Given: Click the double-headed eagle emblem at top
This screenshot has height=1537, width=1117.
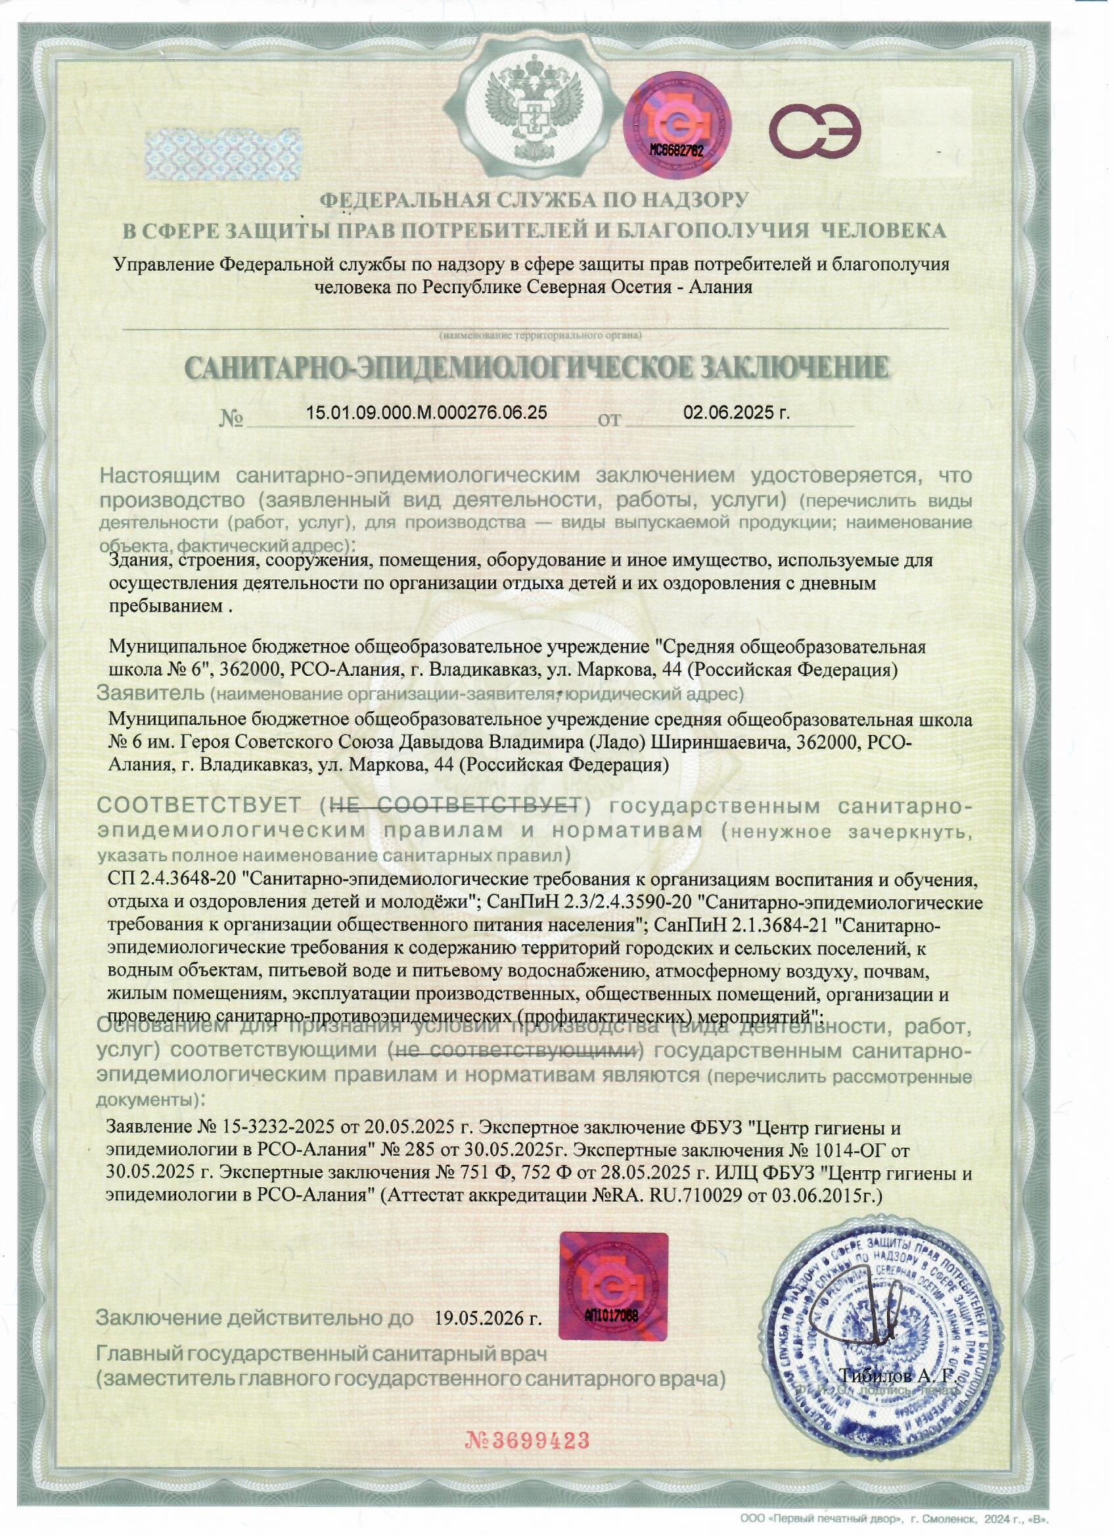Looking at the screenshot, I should pos(532,107).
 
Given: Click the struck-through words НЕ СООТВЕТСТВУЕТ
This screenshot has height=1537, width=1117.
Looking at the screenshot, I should pos(454,806).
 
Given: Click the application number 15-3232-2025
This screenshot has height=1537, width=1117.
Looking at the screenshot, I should pos(279,1127).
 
